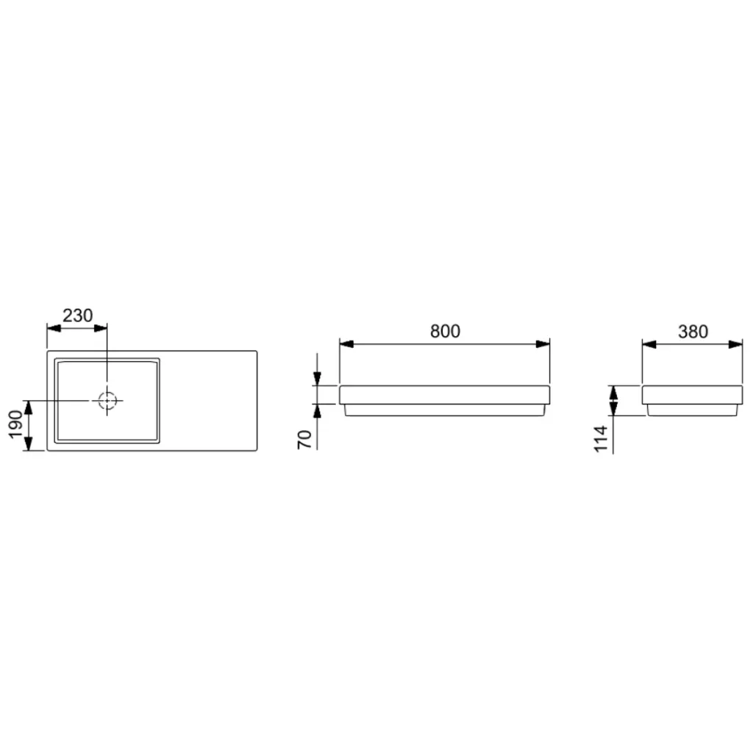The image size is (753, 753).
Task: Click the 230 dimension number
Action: (x=77, y=315)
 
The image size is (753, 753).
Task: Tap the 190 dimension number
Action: (x=16, y=424)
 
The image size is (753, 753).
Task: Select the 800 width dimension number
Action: (x=445, y=331)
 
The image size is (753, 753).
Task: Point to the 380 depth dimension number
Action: (x=693, y=332)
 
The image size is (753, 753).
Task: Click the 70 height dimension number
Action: (x=305, y=440)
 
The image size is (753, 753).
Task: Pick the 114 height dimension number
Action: (x=602, y=439)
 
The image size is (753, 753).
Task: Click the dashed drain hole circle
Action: (x=107, y=400)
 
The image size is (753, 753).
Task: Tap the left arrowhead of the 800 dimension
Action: (x=347, y=344)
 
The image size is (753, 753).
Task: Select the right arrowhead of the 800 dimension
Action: (x=543, y=344)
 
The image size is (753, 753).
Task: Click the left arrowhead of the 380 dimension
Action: (x=649, y=344)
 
